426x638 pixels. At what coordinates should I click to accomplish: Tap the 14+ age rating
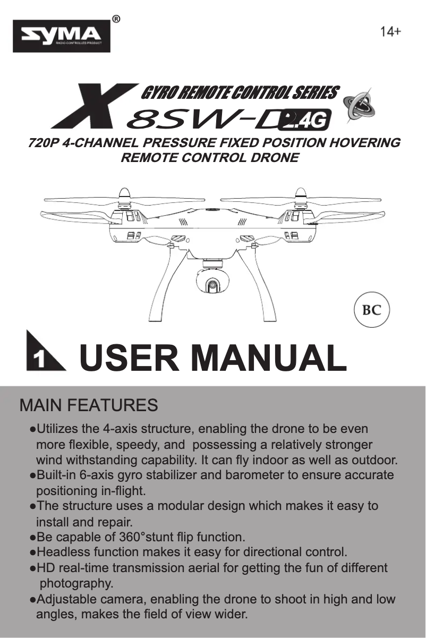click(x=390, y=32)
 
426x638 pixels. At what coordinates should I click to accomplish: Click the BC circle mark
click(x=371, y=310)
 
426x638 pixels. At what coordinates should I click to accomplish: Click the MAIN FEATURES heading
click(x=89, y=406)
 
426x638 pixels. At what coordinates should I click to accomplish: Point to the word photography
click(x=77, y=584)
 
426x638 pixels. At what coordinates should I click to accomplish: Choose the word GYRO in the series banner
click(x=157, y=93)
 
